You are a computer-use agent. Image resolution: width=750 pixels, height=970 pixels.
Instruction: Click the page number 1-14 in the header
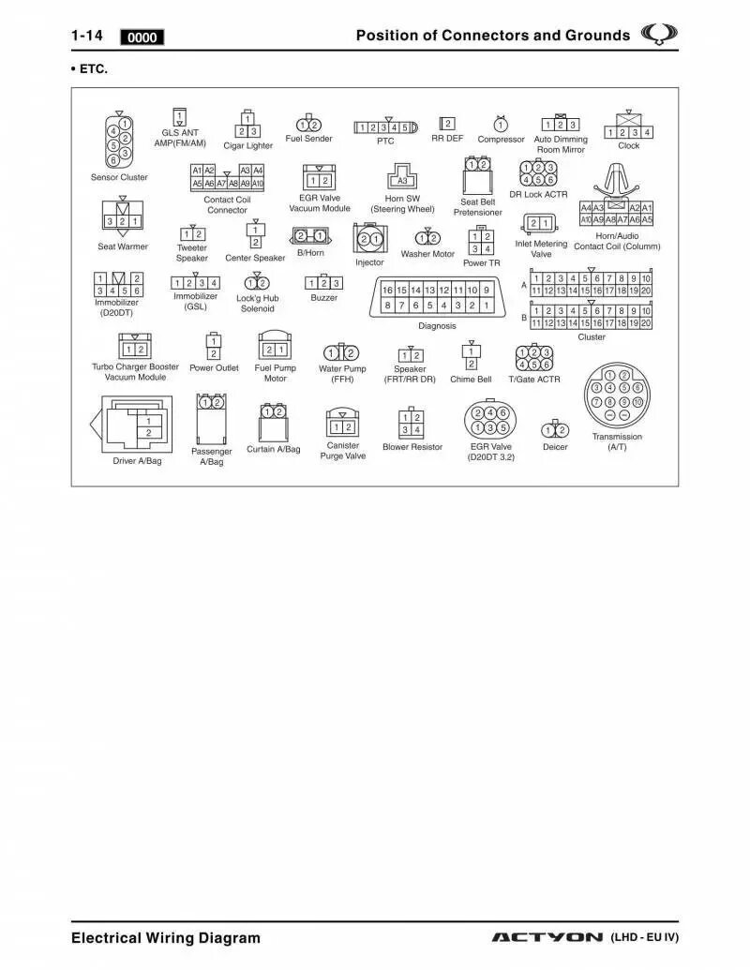click(86, 36)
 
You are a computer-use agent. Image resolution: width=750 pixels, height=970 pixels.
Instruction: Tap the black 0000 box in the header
click(142, 37)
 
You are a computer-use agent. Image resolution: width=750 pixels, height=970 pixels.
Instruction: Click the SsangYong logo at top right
click(659, 35)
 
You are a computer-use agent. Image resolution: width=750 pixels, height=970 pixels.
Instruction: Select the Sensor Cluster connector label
click(119, 177)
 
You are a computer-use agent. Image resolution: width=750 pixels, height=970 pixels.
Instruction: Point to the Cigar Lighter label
click(247, 145)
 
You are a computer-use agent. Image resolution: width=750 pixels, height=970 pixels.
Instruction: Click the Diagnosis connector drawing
click(438, 297)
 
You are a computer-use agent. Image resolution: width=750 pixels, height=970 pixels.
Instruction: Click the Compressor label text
click(501, 140)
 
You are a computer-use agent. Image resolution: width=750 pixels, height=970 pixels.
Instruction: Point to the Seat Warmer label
click(123, 246)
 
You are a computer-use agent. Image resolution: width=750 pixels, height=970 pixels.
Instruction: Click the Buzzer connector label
click(324, 298)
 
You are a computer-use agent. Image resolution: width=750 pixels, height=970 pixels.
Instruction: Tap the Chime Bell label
click(471, 380)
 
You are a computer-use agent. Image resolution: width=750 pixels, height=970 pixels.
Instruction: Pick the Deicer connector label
click(555, 447)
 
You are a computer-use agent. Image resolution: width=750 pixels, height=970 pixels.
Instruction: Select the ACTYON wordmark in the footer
click(547, 937)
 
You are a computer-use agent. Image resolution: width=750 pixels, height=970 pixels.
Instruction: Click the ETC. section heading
click(90, 69)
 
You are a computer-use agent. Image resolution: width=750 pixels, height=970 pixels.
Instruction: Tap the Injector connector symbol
click(368, 238)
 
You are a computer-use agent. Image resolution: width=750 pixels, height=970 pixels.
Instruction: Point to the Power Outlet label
click(214, 368)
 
